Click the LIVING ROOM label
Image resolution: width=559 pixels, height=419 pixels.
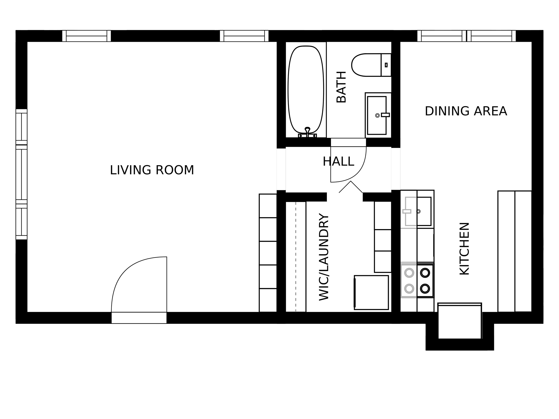pos(152,170)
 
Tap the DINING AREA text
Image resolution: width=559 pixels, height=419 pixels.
pos(466,111)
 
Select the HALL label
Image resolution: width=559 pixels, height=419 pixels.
pos(338,161)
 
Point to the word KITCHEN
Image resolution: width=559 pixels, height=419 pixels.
pos(464,249)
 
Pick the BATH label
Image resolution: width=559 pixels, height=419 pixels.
pos(341,87)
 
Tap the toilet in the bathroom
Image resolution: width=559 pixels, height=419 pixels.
pos(366,65)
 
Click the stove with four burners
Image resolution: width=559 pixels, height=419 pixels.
pos(417,280)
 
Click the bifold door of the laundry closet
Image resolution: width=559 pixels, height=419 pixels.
pos(351,187)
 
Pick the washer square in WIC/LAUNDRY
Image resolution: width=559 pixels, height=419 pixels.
pos(371,293)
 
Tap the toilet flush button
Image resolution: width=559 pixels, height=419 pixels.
pos(386,65)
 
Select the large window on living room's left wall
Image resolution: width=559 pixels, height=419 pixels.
pos(21,174)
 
